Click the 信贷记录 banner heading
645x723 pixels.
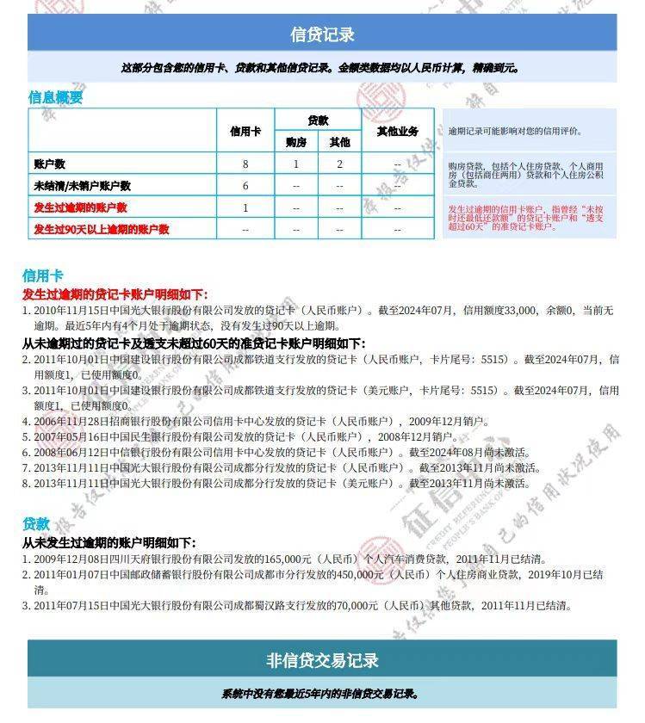[x=322, y=34]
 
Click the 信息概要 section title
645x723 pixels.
[x=56, y=97]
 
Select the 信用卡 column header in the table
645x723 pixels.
[x=245, y=131]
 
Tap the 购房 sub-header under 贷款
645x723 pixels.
[x=296, y=142]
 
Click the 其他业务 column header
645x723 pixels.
[x=397, y=131]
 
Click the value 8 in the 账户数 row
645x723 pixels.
[x=245, y=164]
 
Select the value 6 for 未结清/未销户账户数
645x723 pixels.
[x=245, y=185]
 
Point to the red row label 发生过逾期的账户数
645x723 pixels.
[x=80, y=207]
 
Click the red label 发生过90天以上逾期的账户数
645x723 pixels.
[x=101, y=229]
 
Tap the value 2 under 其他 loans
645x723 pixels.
[x=339, y=164]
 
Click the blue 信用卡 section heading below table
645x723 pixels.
[x=42, y=275]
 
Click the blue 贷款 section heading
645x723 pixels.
[x=36, y=523]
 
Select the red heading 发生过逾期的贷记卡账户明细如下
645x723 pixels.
[x=115, y=294]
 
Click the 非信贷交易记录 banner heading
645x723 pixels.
[x=322, y=660]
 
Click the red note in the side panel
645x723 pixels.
[x=527, y=218]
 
